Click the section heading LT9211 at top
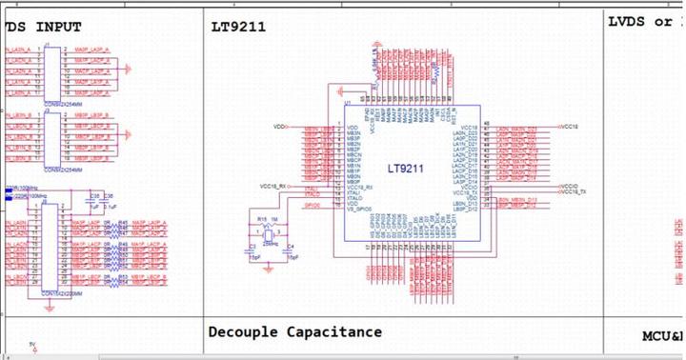(239, 27)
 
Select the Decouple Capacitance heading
(294, 332)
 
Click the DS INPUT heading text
(43, 27)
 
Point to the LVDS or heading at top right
(644, 21)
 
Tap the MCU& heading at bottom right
(663, 336)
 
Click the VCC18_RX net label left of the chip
(274, 185)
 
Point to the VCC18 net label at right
(569, 126)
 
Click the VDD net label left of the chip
(279, 126)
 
